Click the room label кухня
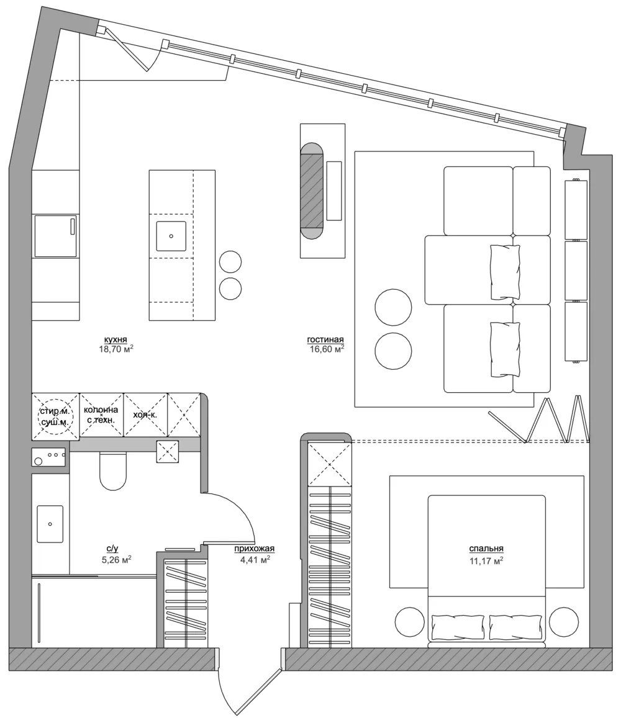(x=116, y=339)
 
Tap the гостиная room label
(x=325, y=339)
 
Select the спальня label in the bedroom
(x=486, y=548)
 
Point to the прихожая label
(x=255, y=548)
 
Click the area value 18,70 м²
(x=116, y=349)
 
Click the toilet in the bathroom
(x=112, y=471)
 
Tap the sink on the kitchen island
(x=171, y=236)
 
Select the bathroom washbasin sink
(x=50, y=524)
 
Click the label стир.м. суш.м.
(x=55, y=416)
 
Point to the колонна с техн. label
(x=101, y=415)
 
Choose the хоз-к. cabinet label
(x=145, y=415)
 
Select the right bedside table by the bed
(x=564, y=621)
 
